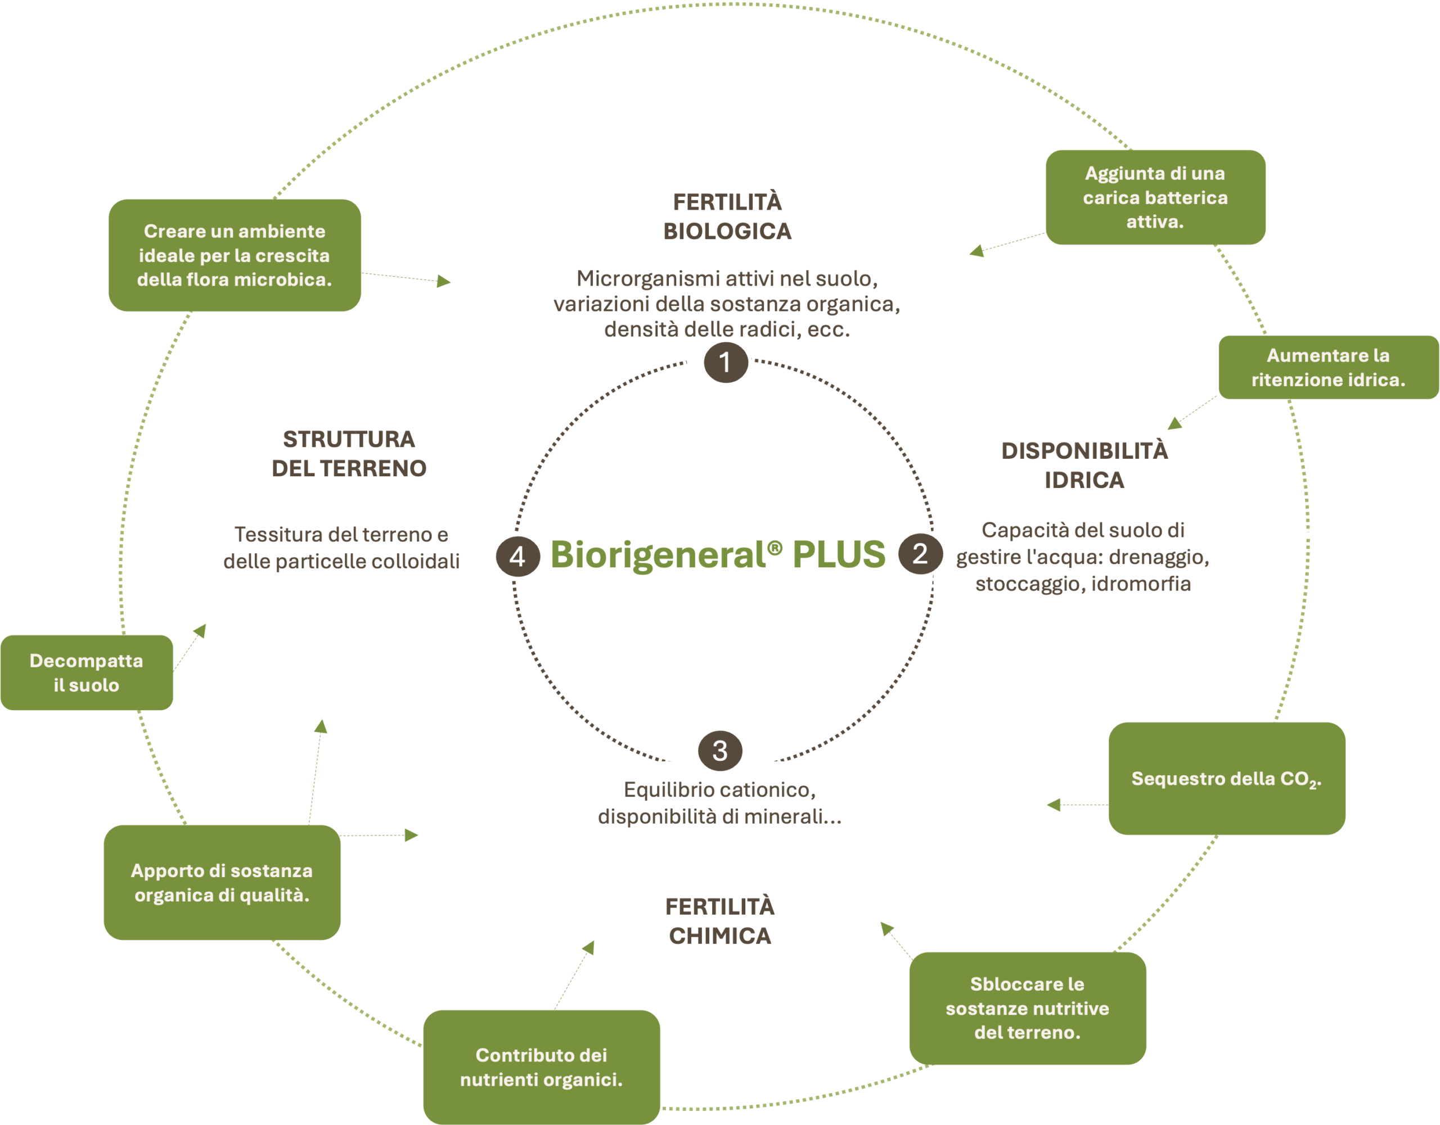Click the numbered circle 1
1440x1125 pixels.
[x=725, y=363]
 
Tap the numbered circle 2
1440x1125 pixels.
[x=919, y=554]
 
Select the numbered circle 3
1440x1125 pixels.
[x=720, y=751]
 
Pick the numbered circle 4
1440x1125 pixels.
[x=518, y=556]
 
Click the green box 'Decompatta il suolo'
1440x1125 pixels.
[x=87, y=672]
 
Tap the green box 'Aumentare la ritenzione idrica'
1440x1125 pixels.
[x=1328, y=367]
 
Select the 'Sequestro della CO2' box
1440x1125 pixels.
[x=1226, y=778]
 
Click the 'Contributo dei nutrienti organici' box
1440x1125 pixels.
[x=541, y=1067]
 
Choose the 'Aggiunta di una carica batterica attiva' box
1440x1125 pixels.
[x=1155, y=197]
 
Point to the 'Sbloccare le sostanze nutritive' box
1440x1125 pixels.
[x=1027, y=1007]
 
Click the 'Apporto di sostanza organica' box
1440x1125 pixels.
[x=222, y=883]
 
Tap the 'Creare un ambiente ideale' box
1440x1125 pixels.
[x=235, y=255]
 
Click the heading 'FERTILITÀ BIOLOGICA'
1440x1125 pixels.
[x=727, y=216]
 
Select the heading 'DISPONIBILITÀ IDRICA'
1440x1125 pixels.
[x=1084, y=466]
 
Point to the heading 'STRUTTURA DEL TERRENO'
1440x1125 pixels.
[x=349, y=453]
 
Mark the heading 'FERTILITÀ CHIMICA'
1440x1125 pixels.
[x=720, y=921]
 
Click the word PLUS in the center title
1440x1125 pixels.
[x=839, y=554]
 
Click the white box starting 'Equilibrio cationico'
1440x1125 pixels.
[x=720, y=817]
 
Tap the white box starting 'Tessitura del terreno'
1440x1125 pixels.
[x=345, y=552]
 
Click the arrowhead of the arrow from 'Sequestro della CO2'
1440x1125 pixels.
[x=1054, y=805]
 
